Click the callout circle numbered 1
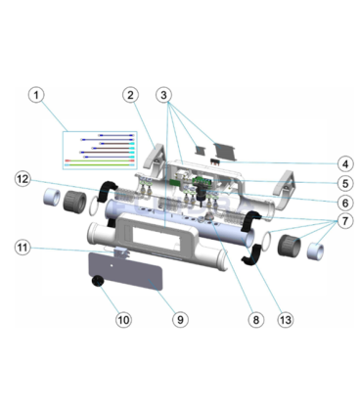(x=36, y=95)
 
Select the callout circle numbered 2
(x=130, y=95)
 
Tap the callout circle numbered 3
(x=163, y=95)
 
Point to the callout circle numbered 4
(x=345, y=164)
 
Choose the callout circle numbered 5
(x=345, y=184)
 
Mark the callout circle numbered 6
(x=345, y=204)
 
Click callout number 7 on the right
(x=345, y=221)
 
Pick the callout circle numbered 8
(x=255, y=320)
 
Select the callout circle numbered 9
(x=180, y=320)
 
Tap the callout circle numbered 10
(x=123, y=320)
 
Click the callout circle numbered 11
(x=22, y=248)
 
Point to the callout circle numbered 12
(x=22, y=179)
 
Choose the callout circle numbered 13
(x=286, y=320)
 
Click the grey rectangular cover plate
(x=125, y=271)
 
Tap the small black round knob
(x=97, y=281)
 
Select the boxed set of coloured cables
(x=100, y=151)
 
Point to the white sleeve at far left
(x=52, y=197)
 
